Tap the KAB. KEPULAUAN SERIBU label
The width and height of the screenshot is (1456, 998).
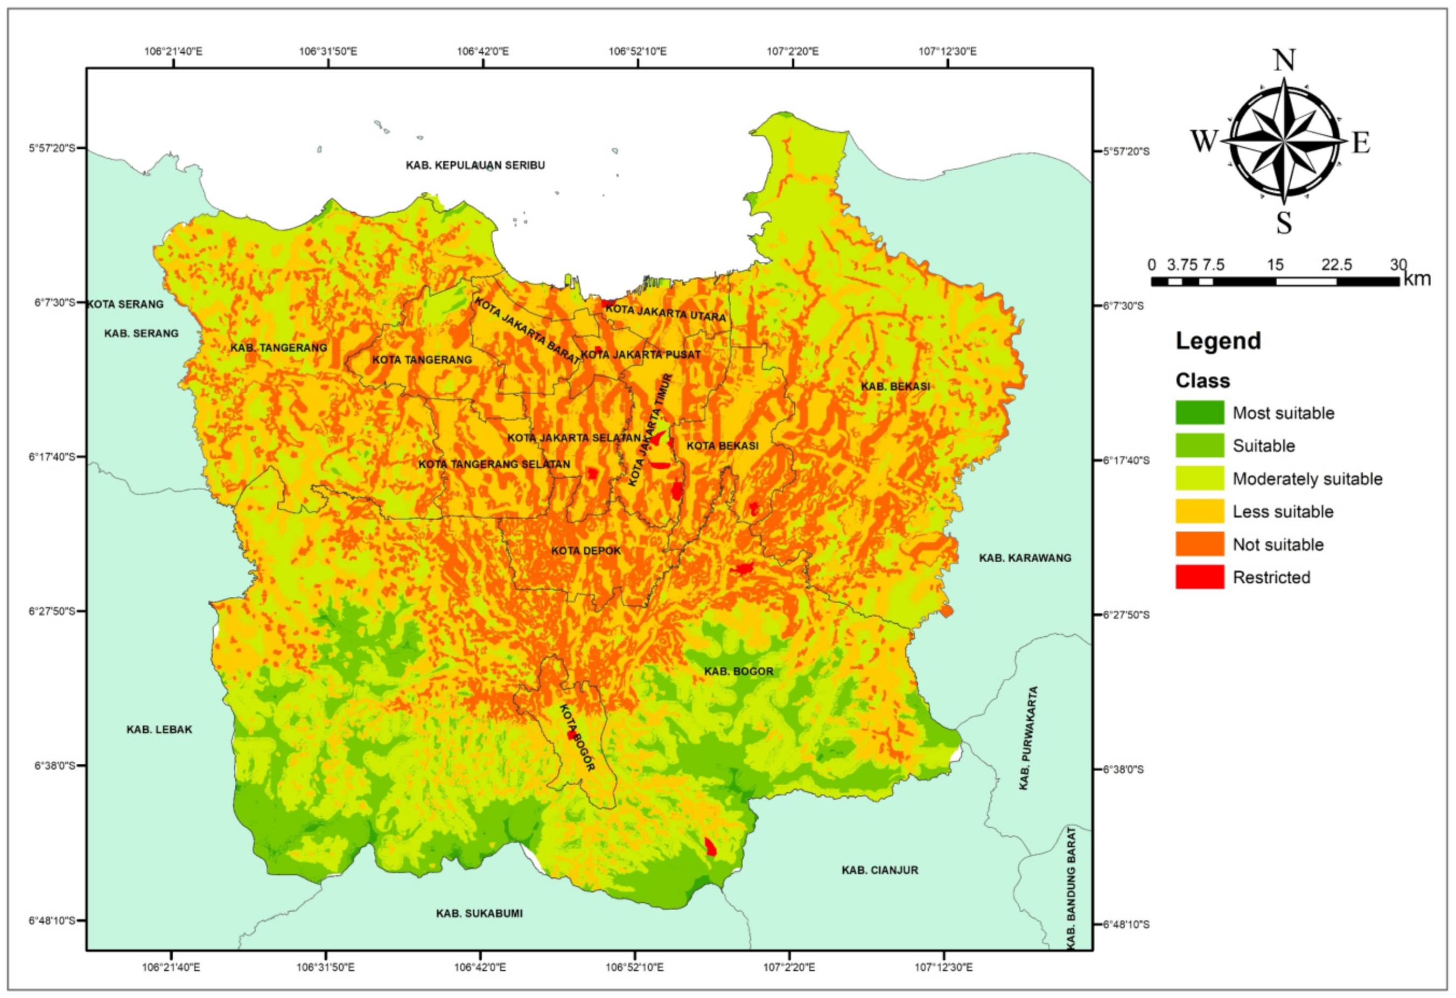pyautogui.click(x=475, y=165)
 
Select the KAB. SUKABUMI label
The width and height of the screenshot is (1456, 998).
pyautogui.click(x=479, y=913)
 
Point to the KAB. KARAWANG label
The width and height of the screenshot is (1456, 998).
pyautogui.click(x=1025, y=558)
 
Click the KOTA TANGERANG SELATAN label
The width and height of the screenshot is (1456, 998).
pyautogui.click(x=494, y=465)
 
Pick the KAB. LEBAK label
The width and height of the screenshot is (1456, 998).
pyautogui.click(x=159, y=730)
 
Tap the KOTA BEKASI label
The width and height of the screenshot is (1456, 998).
pyautogui.click(x=723, y=446)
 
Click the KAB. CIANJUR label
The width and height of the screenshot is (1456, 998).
pyautogui.click(x=880, y=870)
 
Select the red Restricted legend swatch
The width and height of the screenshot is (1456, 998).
pyautogui.click(x=1199, y=577)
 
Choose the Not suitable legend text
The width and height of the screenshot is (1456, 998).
pyautogui.click(x=1278, y=545)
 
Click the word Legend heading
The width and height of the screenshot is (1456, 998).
pyautogui.click(x=1218, y=341)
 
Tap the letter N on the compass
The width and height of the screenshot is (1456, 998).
pyautogui.click(x=1284, y=61)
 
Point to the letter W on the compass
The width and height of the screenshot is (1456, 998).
pyautogui.click(x=1203, y=142)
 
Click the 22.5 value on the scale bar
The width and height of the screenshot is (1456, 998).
pyautogui.click(x=1336, y=265)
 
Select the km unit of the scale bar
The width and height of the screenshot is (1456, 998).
pyautogui.click(x=1417, y=279)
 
